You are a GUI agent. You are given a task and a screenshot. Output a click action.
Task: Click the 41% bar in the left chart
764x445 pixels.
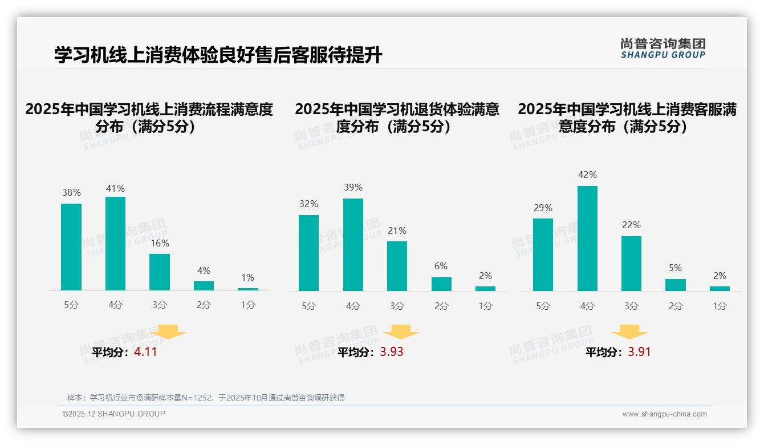click(115, 244)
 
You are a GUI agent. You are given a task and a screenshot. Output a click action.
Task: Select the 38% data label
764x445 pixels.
click(71, 193)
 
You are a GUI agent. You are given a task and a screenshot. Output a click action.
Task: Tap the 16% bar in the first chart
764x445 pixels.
click(160, 272)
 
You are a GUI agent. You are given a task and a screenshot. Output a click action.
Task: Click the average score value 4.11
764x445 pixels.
click(145, 352)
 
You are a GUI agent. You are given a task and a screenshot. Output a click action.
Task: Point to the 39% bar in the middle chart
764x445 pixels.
click(353, 245)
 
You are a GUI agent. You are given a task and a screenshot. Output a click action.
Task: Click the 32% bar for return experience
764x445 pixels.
click(308, 253)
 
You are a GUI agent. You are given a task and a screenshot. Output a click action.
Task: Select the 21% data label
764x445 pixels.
click(397, 230)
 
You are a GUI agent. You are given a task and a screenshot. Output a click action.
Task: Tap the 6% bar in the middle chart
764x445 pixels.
click(441, 284)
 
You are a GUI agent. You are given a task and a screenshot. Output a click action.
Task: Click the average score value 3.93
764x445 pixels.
click(392, 352)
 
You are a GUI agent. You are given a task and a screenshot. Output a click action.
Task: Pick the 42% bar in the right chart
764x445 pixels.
click(587, 238)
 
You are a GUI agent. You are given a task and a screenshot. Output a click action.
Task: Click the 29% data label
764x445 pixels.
click(543, 208)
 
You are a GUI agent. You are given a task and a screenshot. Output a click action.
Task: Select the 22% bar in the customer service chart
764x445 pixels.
click(631, 264)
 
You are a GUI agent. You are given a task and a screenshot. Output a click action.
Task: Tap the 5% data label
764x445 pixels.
click(676, 268)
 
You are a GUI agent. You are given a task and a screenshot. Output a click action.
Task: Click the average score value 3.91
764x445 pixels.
click(639, 352)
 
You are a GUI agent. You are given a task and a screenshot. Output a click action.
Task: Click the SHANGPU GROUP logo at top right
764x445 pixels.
click(663, 48)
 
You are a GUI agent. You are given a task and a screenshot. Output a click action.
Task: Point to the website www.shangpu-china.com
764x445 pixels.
click(664, 414)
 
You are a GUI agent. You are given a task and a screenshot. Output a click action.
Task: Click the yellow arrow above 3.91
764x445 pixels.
click(629, 333)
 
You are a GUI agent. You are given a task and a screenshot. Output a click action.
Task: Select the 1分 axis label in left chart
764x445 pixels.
click(248, 305)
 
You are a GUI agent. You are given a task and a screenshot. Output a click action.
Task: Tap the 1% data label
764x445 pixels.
click(247, 278)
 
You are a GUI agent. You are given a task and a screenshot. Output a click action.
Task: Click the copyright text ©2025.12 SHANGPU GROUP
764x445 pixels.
click(114, 414)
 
